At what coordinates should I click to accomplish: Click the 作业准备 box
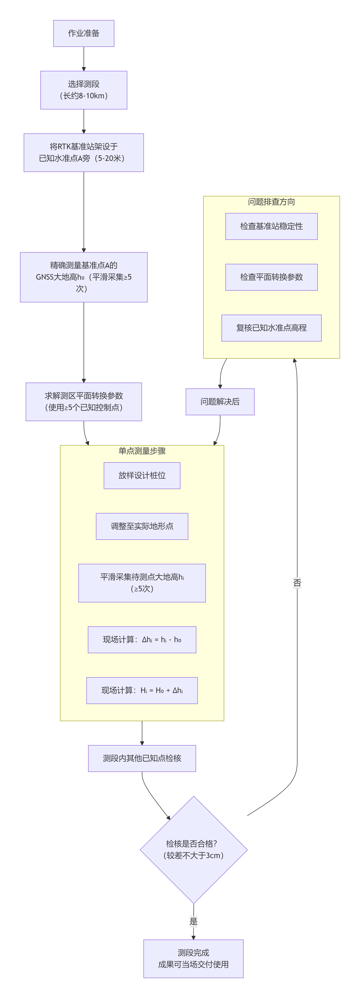(84, 33)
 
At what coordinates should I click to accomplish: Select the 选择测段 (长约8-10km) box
(84, 90)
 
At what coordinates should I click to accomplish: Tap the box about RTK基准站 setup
(84, 153)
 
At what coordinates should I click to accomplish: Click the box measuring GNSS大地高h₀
(84, 277)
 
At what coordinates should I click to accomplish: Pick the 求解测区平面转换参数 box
(84, 401)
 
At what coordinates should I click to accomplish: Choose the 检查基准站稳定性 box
(271, 226)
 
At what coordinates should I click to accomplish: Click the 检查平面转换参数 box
(271, 277)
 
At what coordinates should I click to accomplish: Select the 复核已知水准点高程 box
(271, 328)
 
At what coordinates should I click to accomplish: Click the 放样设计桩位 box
(142, 475)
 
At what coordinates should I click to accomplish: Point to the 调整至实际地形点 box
(142, 526)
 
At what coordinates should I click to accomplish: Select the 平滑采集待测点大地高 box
(142, 583)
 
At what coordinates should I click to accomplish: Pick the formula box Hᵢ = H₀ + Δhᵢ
(142, 690)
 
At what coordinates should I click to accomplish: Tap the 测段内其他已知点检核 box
(142, 758)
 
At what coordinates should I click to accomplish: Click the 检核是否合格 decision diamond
(193, 850)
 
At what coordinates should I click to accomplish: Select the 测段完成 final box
(193, 958)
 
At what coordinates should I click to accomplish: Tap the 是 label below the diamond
(193, 921)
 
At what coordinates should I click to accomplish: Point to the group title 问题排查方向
(271, 202)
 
